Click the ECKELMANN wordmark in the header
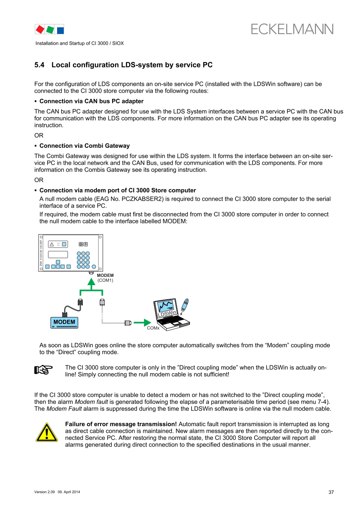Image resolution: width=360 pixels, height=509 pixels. [x=292, y=29]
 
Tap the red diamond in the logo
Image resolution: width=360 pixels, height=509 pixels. [x=40, y=29]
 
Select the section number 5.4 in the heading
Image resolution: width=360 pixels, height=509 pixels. [x=39, y=65]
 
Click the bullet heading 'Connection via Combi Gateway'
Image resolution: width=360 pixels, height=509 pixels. [x=84, y=146]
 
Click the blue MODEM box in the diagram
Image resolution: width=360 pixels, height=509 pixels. [x=65, y=322]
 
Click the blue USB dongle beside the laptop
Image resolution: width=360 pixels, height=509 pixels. [x=186, y=306]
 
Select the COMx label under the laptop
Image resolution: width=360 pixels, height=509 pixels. [x=153, y=328]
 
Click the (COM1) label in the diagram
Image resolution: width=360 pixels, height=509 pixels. [x=105, y=280]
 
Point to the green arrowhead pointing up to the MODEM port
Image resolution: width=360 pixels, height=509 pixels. [x=91, y=281]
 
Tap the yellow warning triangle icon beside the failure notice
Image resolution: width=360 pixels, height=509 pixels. [x=46, y=432]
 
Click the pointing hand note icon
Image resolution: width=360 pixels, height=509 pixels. [x=43, y=370]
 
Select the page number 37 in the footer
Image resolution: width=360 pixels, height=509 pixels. [x=331, y=492]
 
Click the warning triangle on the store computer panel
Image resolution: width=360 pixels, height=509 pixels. [x=52, y=244]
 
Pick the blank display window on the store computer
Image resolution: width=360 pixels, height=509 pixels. [x=58, y=254]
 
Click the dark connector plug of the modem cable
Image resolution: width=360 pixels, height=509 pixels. [x=80, y=303]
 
